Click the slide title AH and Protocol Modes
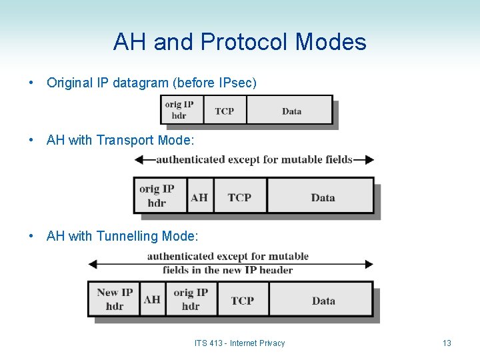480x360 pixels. (x=239, y=43)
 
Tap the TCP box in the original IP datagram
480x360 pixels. (x=225, y=111)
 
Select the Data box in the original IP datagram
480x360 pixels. (x=291, y=111)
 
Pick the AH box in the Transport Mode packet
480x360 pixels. (x=199, y=197)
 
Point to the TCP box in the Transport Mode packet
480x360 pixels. (x=239, y=197)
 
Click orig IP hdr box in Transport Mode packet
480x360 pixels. (x=158, y=196)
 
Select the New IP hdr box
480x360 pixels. (x=115, y=299)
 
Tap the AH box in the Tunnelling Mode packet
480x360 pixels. (x=152, y=299)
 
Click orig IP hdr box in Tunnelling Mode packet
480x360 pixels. (x=191, y=299)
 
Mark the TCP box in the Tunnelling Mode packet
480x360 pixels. (x=243, y=300)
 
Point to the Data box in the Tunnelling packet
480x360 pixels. (x=323, y=300)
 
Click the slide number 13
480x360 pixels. (x=447, y=343)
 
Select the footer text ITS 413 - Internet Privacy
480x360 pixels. (x=239, y=343)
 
